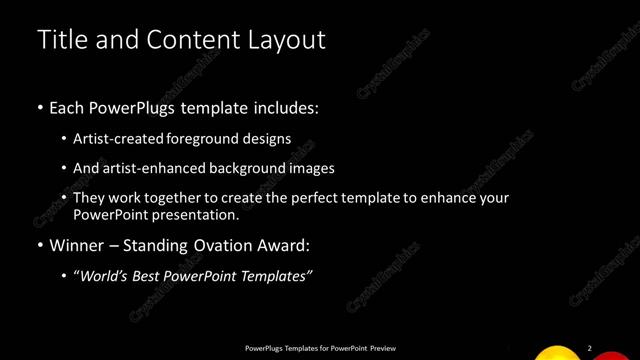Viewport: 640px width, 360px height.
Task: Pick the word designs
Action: pyautogui.click(x=267, y=138)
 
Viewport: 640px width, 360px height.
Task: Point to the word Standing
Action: pyautogui.click(x=150, y=245)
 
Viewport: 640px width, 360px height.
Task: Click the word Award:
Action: pyautogui.click(x=283, y=245)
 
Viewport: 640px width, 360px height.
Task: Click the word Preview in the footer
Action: pyautogui.click(x=383, y=348)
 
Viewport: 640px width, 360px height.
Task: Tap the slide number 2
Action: pyautogui.click(x=590, y=348)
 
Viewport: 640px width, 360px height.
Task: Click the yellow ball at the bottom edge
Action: pyautogui.click(x=557, y=353)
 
